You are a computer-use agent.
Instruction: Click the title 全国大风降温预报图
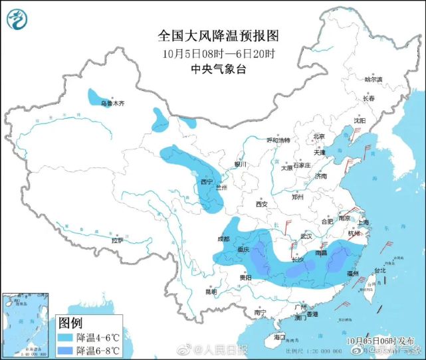click(x=212, y=35)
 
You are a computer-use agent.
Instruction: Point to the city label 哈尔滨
click(x=374, y=79)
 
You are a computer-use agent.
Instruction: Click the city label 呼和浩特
click(x=278, y=141)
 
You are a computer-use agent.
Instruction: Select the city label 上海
click(x=363, y=223)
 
